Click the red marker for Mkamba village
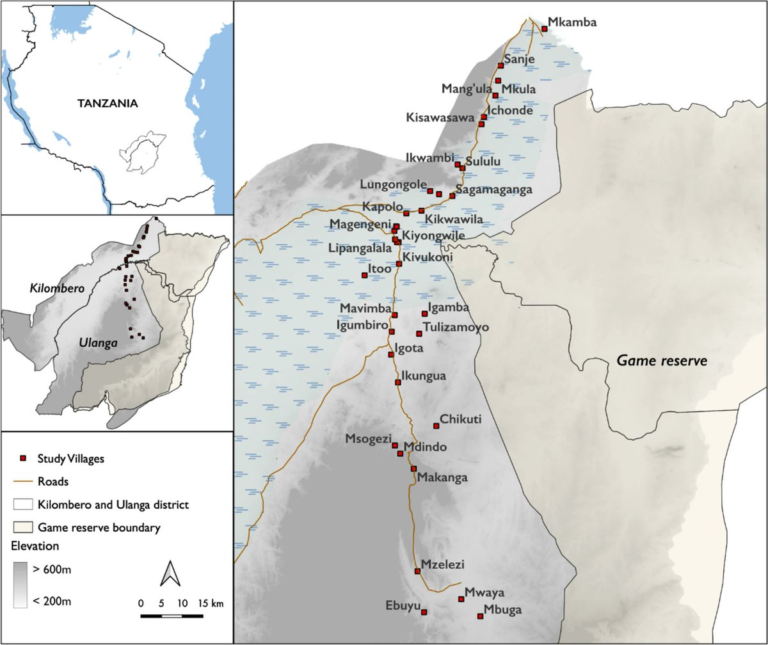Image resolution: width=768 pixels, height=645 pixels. click(545, 28)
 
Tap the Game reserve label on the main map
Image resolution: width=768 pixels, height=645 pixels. click(662, 361)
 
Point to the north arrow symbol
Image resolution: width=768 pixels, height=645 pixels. click(170, 573)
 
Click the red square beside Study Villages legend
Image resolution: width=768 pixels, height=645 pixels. click(23, 459)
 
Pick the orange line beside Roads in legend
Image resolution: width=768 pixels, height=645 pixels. click(23, 482)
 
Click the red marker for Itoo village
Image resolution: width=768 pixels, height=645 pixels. click(365, 275)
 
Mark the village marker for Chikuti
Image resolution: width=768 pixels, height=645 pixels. click(436, 426)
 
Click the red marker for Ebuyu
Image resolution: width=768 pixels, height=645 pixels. click(424, 612)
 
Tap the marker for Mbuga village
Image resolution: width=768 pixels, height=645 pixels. click(480, 616)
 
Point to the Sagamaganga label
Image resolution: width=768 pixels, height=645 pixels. click(493, 190)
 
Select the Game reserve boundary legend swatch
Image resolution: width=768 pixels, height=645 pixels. click(23, 528)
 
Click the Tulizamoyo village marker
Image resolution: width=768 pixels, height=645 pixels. click(419, 333)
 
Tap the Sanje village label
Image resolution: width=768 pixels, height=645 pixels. click(520, 60)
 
